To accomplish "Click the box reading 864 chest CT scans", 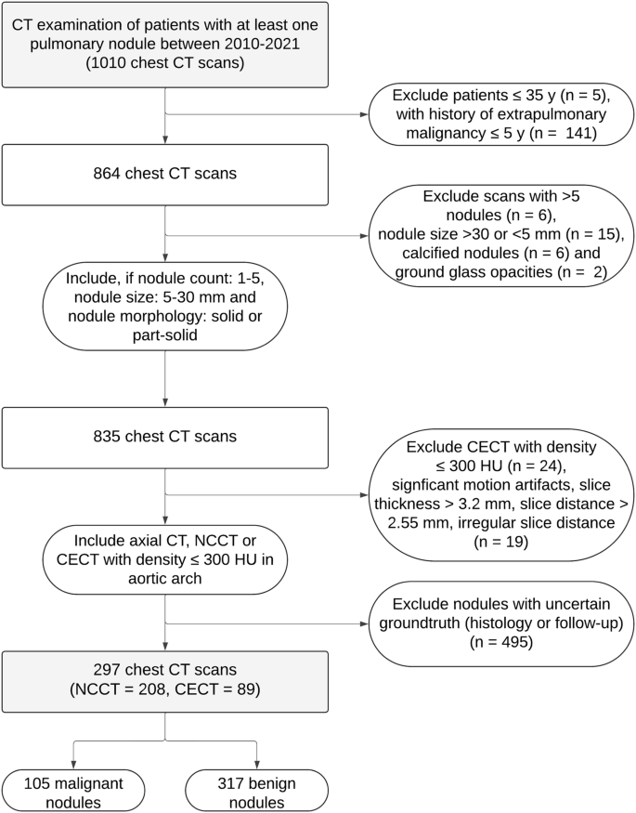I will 164,174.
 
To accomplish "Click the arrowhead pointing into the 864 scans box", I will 164,138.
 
